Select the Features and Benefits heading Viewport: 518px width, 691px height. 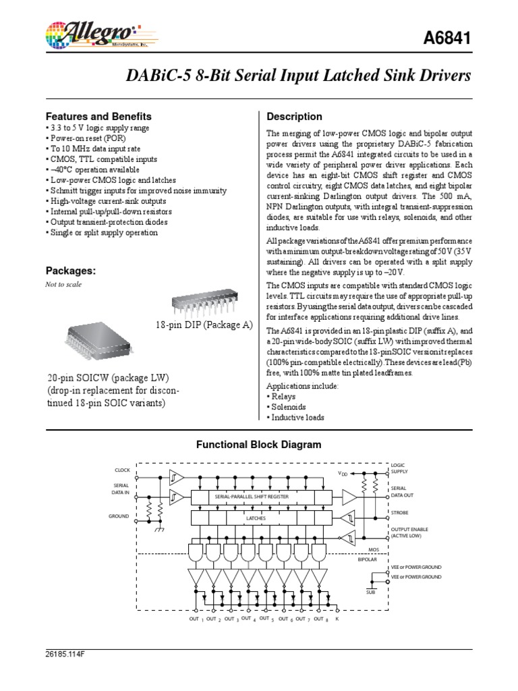98,116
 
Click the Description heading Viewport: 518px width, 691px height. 295,116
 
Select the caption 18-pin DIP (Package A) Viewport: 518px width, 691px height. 203,325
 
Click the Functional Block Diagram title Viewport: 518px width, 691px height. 259,445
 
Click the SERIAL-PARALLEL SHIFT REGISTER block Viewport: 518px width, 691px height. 252,497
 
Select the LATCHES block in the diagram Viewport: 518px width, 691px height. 255,518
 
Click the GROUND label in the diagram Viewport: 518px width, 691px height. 119,516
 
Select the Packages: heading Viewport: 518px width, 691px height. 71,271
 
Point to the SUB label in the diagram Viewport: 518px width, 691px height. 370,592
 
